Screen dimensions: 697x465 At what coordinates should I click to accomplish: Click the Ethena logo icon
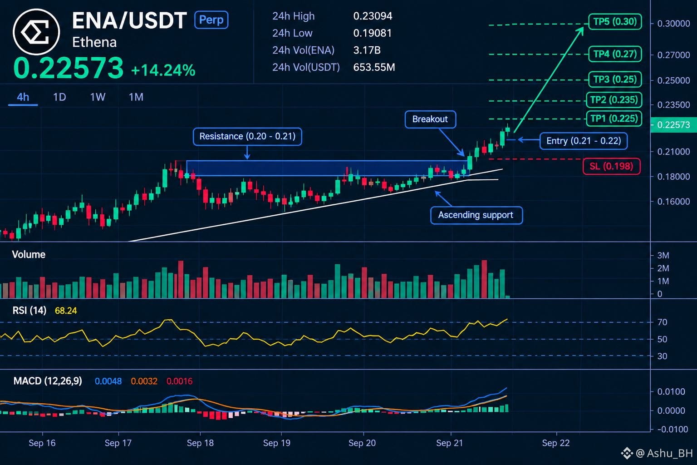[36, 32]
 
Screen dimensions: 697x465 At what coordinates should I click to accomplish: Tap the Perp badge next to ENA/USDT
[211, 20]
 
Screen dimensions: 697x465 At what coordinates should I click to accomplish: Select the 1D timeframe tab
[59, 97]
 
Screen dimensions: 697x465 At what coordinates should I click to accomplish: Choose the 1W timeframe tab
[98, 97]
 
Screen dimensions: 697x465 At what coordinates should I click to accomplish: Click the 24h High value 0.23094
[373, 16]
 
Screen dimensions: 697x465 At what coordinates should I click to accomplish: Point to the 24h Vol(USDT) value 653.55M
[374, 67]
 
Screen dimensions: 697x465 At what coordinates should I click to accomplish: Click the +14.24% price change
[163, 70]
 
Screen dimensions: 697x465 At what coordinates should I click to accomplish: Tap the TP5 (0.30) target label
[615, 22]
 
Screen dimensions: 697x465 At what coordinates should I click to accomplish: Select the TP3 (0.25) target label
[615, 79]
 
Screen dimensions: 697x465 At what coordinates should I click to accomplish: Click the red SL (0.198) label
[611, 166]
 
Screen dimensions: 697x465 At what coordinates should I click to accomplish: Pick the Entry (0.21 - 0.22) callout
[584, 141]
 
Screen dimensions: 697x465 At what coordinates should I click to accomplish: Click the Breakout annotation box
[430, 119]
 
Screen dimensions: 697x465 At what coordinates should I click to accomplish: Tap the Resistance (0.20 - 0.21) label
[247, 136]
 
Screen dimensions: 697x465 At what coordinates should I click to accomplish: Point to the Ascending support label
[476, 215]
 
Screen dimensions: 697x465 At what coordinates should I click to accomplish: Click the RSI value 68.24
[66, 311]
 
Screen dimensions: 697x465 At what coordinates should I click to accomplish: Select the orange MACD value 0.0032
[144, 381]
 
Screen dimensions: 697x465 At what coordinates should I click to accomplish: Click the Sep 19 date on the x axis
[277, 443]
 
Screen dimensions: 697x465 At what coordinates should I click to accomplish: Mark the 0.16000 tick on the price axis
[673, 202]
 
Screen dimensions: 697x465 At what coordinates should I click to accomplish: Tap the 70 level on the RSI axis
[662, 322]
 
